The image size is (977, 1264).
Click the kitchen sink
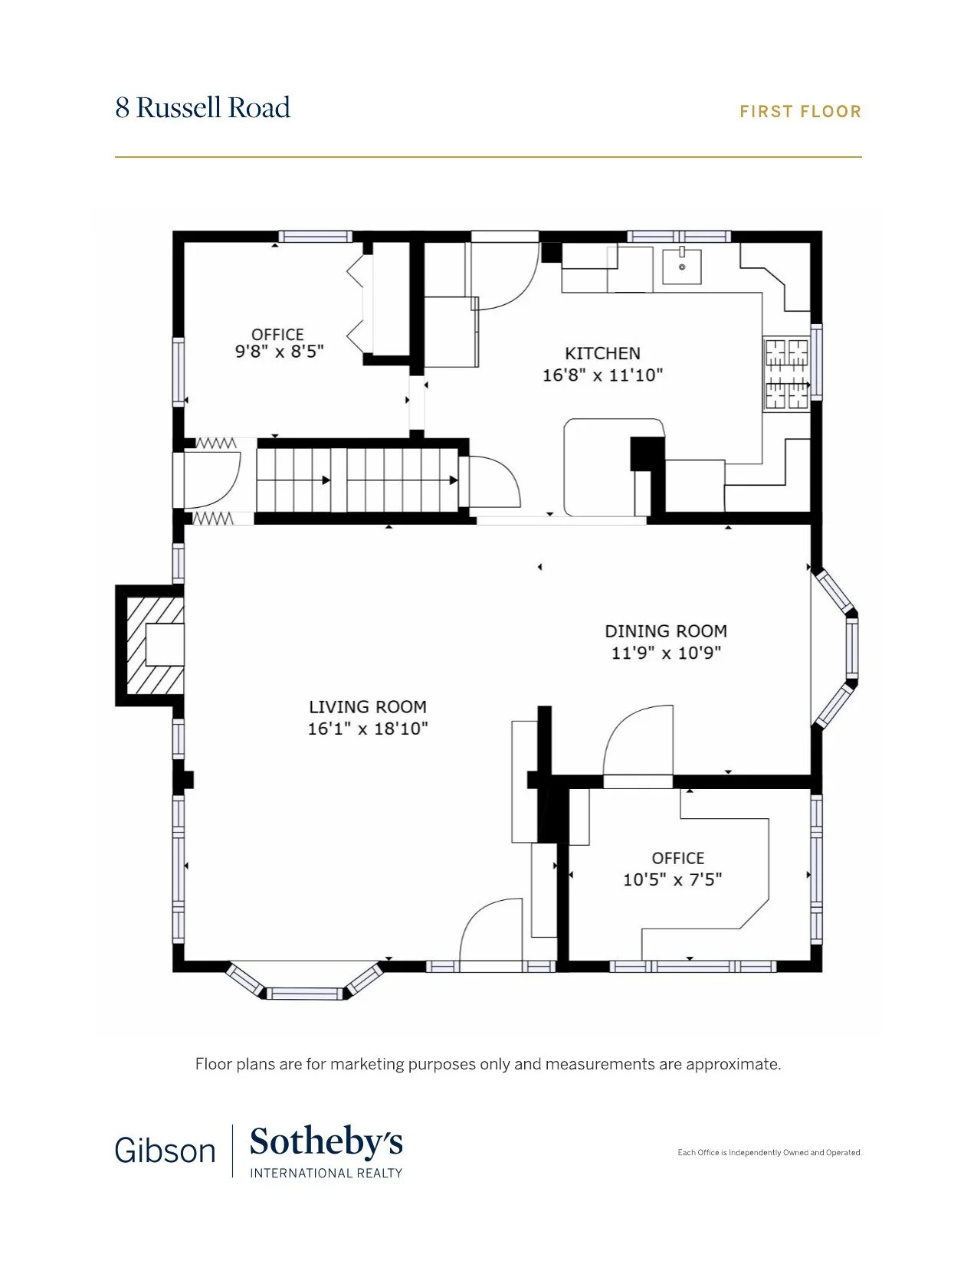coord(681,266)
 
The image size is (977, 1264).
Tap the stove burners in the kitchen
coord(786,373)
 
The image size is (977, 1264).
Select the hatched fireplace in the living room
coord(150,645)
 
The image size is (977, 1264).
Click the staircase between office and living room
coord(357,480)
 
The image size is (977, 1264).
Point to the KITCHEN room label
coord(602,353)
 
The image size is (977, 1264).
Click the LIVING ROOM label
coord(368,707)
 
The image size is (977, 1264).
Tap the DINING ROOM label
coord(666,631)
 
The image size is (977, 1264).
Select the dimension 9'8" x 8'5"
coord(279,352)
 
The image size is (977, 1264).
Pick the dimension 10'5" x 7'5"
coord(672,879)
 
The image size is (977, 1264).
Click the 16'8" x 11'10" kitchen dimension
coord(602,375)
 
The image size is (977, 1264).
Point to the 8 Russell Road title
coord(202,107)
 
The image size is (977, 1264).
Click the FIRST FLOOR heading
coord(800,111)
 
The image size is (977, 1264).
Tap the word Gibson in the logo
coord(166,1151)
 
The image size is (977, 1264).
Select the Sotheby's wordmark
coord(326,1142)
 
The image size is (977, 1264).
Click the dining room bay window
coord(835,647)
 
